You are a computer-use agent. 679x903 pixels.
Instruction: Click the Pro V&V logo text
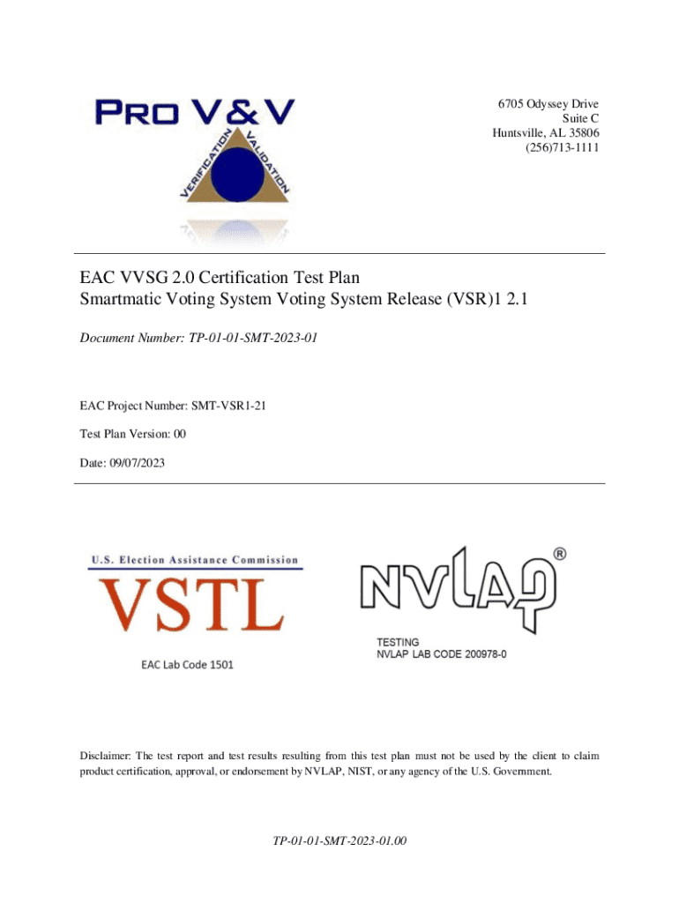click(194, 113)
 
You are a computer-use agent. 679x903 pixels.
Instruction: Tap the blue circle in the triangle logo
click(233, 175)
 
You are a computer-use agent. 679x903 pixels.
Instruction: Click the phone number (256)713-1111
click(561, 147)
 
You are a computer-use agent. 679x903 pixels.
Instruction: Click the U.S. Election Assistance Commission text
click(195, 560)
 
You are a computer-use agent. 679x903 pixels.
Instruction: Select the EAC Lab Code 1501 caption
click(187, 664)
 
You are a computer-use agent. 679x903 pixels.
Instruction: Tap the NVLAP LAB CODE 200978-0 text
click(442, 655)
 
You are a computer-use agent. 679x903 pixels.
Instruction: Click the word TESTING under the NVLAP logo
click(399, 642)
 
